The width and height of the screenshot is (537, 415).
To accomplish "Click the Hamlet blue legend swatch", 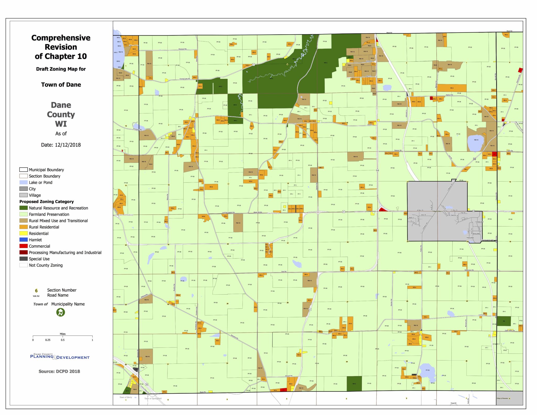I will pyautogui.click(x=23, y=240).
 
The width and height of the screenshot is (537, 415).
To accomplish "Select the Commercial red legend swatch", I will pyautogui.click(x=23, y=246).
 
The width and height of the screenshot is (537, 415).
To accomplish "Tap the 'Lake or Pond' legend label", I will pyautogui.click(x=40, y=182).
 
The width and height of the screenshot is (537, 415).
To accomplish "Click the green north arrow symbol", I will pyautogui.click(x=61, y=312).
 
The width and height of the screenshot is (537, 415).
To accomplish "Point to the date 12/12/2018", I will pyautogui.click(x=68, y=145).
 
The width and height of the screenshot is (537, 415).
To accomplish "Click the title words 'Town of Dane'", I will pyautogui.click(x=61, y=85).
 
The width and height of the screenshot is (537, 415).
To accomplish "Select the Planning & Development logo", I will pyautogui.click(x=60, y=357).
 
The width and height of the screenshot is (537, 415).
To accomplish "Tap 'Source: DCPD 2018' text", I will pyautogui.click(x=59, y=371).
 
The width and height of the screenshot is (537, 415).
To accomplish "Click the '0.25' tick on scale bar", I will pyautogui.click(x=48, y=340).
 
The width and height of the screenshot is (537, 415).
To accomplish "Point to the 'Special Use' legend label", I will pyautogui.click(x=39, y=259).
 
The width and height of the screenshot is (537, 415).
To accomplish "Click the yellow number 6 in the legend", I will pyautogui.click(x=36, y=291).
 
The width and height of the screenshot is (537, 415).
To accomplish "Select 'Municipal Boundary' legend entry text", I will pyautogui.click(x=46, y=170).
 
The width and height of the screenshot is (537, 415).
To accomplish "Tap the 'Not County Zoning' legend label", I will pyautogui.click(x=46, y=265).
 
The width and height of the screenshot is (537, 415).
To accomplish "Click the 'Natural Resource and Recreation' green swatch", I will pyautogui.click(x=23, y=208).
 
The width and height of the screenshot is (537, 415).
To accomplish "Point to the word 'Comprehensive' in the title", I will pyautogui.click(x=61, y=38).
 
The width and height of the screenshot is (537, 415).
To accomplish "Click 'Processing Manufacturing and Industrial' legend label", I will pyautogui.click(x=65, y=252).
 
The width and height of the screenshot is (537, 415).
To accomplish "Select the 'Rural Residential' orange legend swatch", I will pyautogui.click(x=23, y=227).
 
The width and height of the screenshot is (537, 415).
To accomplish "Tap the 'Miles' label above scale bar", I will pyautogui.click(x=63, y=334).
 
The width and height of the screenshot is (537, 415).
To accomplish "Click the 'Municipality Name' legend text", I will pyautogui.click(x=68, y=304).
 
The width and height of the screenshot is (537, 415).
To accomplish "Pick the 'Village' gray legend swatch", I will pyautogui.click(x=23, y=195).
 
